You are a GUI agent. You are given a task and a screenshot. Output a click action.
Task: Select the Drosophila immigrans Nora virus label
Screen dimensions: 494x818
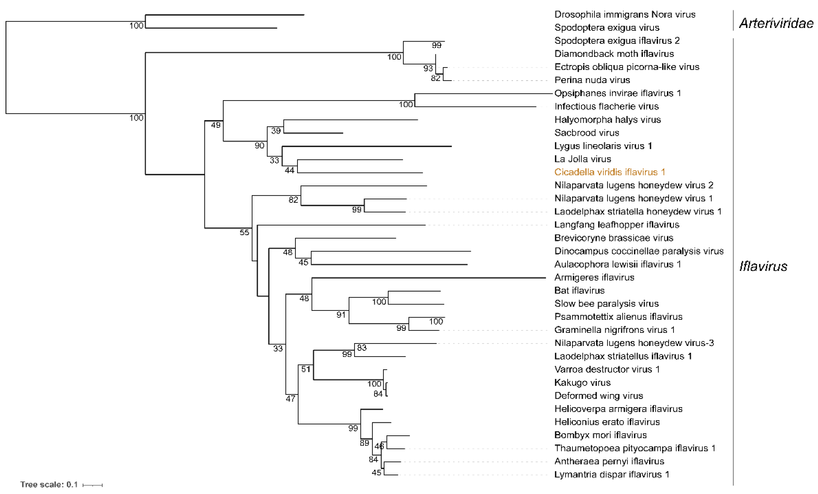click(624, 15)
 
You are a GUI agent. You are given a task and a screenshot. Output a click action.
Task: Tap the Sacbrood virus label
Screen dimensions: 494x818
click(587, 133)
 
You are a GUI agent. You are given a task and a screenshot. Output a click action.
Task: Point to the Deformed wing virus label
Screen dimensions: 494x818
click(599, 396)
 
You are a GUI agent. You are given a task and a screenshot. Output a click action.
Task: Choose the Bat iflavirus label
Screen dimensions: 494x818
click(579, 291)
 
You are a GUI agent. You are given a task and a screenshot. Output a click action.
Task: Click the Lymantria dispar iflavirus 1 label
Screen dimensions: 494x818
click(612, 474)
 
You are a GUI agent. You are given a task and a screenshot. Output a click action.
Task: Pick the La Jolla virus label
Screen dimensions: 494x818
click(583, 159)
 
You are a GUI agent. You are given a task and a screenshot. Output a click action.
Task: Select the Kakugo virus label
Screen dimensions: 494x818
click(582, 383)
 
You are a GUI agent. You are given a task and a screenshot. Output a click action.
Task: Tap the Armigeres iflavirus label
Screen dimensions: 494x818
click(594, 277)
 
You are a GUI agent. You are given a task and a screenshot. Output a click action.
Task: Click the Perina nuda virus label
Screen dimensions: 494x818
click(592, 80)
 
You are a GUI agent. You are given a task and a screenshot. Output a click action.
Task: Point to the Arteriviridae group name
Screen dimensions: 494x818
click(776, 23)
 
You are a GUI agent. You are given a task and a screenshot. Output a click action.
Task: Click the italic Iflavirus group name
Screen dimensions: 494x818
click(763, 266)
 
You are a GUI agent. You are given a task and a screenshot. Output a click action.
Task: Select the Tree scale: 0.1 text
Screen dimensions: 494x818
click(49, 484)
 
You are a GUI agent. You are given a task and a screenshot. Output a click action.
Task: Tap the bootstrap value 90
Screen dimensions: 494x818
click(259, 146)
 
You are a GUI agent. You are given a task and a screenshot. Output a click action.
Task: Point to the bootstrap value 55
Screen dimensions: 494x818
click(244, 232)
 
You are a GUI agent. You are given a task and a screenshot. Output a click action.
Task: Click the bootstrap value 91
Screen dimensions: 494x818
click(341, 315)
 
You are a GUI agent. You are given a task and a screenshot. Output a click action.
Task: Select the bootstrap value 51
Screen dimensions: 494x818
click(306, 369)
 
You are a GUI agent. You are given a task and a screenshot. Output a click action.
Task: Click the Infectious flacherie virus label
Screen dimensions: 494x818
click(606, 106)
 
